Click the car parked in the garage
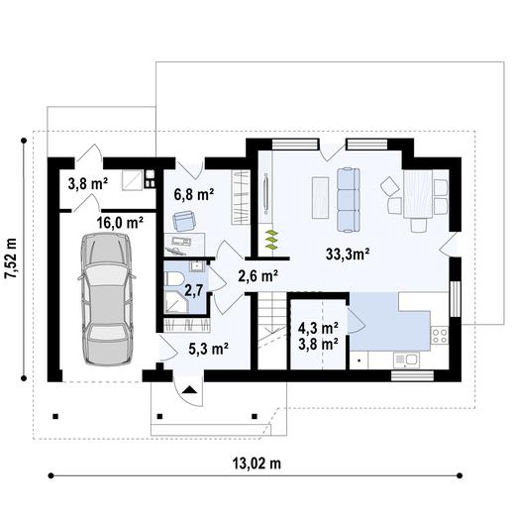[x=107, y=299]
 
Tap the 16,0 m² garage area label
[x=120, y=223]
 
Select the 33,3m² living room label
[x=348, y=255]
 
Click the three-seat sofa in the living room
[x=349, y=199]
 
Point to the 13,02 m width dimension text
[x=257, y=463]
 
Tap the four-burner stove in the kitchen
[x=440, y=335]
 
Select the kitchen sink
[x=406, y=360]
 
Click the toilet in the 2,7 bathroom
[x=173, y=279]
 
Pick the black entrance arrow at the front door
[x=189, y=389]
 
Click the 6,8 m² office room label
[x=194, y=195]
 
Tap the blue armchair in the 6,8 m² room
[x=184, y=221]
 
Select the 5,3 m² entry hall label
[x=209, y=349]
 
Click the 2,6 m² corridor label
[x=257, y=276]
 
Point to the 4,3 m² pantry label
[x=318, y=328]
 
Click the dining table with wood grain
[x=418, y=194]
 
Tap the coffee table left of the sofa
[x=320, y=198]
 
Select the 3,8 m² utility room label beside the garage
[x=88, y=183]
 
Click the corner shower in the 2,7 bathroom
[x=176, y=301]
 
